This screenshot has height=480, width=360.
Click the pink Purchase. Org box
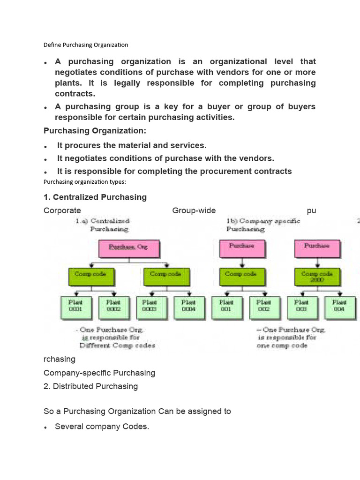point(128,247)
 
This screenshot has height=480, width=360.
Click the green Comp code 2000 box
point(317,277)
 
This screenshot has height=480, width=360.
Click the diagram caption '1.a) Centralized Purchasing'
point(103,225)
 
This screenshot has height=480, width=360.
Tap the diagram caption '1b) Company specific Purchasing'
point(263,225)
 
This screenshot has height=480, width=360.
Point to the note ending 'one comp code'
point(291,337)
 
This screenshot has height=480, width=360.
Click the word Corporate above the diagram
point(62,210)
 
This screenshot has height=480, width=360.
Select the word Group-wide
point(194,210)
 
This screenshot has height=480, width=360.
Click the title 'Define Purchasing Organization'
point(86,45)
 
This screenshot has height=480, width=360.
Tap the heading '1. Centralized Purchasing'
point(95,197)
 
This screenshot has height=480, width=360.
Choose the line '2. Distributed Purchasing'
point(90,386)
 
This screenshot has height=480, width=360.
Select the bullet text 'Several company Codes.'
point(102,427)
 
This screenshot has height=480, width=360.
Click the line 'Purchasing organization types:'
point(85,182)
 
